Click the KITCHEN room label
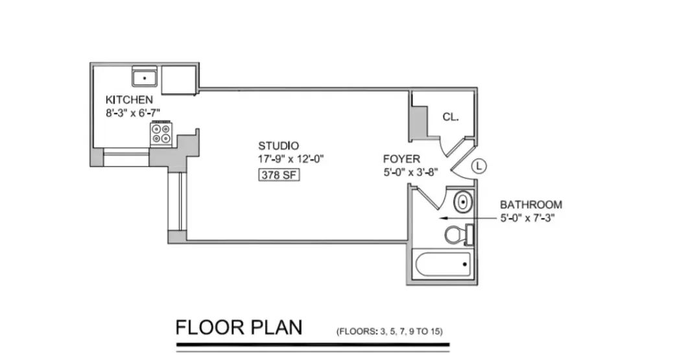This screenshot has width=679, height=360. [x=129, y=100]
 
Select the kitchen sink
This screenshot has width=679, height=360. [x=146, y=78]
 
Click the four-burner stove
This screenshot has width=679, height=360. [x=161, y=133]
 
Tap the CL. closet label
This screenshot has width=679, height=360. [x=451, y=117]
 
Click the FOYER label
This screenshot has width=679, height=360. [x=401, y=159]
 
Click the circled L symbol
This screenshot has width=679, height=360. [x=479, y=165]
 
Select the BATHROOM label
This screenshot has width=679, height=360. [x=530, y=204]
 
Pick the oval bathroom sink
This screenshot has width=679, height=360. [x=462, y=202]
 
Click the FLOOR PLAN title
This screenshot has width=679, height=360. [x=239, y=327]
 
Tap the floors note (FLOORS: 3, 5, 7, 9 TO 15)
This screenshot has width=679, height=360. [x=389, y=331]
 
